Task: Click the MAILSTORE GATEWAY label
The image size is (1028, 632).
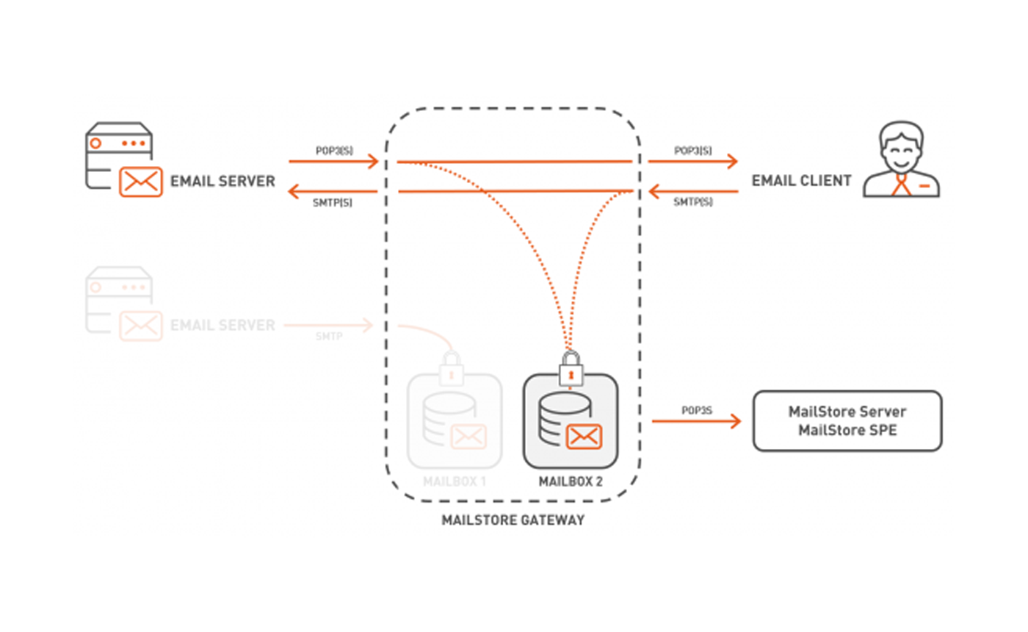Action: click(x=513, y=520)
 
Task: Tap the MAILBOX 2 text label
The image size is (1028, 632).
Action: click(x=570, y=482)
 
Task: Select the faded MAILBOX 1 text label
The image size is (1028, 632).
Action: click(x=455, y=482)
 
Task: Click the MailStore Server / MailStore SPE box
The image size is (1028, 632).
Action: click(x=847, y=420)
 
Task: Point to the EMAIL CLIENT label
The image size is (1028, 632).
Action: click(x=801, y=181)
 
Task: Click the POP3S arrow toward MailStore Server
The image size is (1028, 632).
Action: click(x=695, y=420)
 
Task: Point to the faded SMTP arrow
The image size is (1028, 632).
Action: click(x=329, y=324)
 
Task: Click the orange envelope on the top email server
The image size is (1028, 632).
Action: click(x=140, y=182)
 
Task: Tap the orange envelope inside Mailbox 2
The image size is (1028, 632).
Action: click(x=584, y=437)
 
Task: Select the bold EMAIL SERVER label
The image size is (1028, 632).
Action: click(x=222, y=181)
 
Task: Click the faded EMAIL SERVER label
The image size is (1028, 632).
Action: click(x=222, y=325)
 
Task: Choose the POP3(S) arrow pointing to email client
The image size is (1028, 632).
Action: click(x=692, y=162)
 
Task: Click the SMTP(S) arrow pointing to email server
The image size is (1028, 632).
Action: click(x=332, y=192)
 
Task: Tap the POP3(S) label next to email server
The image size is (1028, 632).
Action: click(x=334, y=150)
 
